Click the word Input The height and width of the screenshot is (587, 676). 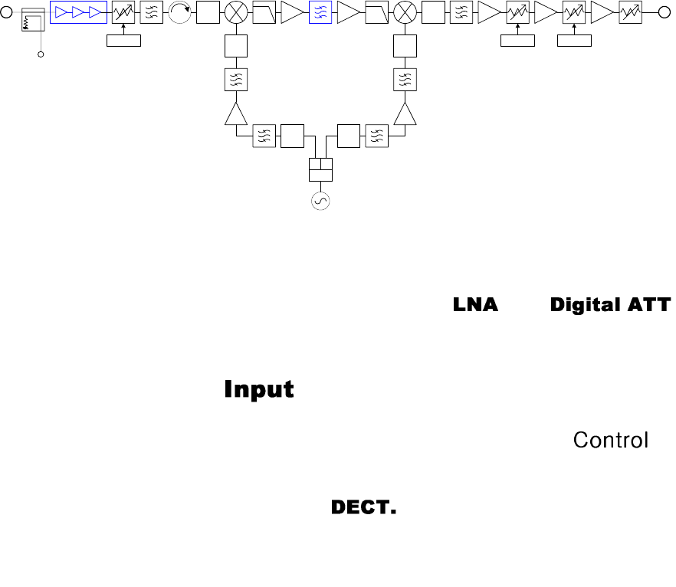258,389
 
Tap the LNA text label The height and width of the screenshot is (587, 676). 475,305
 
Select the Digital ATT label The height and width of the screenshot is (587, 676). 610,305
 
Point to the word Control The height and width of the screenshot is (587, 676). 611,441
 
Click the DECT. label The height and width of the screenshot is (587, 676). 363,507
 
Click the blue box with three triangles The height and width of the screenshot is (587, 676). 78,12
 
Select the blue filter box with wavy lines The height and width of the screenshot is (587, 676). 320,12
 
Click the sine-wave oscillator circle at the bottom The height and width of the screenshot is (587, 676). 319,201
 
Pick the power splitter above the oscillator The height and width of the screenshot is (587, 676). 319,169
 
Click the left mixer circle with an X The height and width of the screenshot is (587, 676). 235,12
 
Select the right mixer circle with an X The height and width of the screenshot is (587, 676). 404,12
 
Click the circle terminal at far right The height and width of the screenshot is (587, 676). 664,12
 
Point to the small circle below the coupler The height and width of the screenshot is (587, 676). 41,54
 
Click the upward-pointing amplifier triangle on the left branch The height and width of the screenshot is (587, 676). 235,114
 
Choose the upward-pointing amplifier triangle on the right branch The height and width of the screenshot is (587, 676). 404,114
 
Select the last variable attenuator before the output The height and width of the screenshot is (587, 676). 631,12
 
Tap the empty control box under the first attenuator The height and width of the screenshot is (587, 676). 123,40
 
